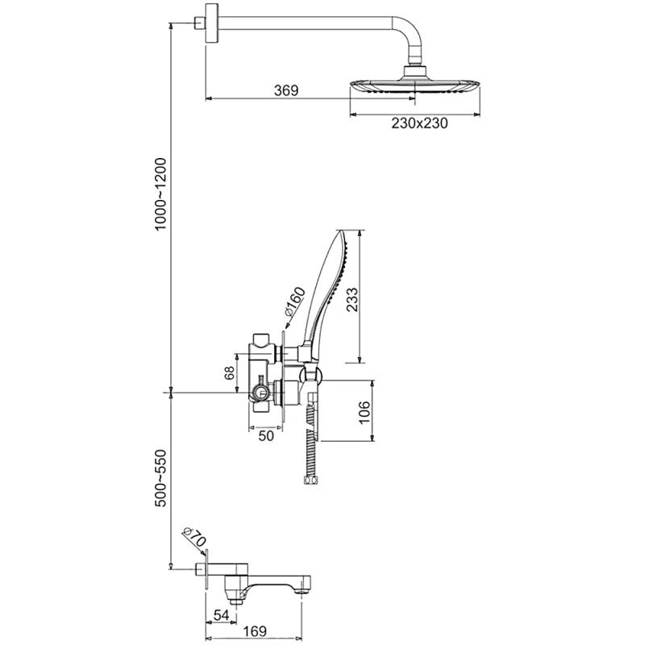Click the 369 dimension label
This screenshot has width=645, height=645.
tap(286, 90)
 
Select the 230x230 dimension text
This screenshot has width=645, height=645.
tap(419, 123)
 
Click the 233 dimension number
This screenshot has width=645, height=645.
tap(352, 299)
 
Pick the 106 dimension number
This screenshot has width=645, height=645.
tap(364, 413)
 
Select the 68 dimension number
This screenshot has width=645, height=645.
tap(230, 372)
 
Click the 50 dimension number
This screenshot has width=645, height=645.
tap(266, 436)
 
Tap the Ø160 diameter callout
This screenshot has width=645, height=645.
tap(295, 303)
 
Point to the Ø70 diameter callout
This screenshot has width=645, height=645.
tap(193, 536)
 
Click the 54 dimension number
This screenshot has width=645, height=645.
tap(221, 615)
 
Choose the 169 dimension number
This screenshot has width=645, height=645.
tap(255, 631)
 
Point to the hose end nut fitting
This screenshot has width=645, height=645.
tap(310, 480)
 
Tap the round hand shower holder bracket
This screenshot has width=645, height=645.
tap(310, 374)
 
